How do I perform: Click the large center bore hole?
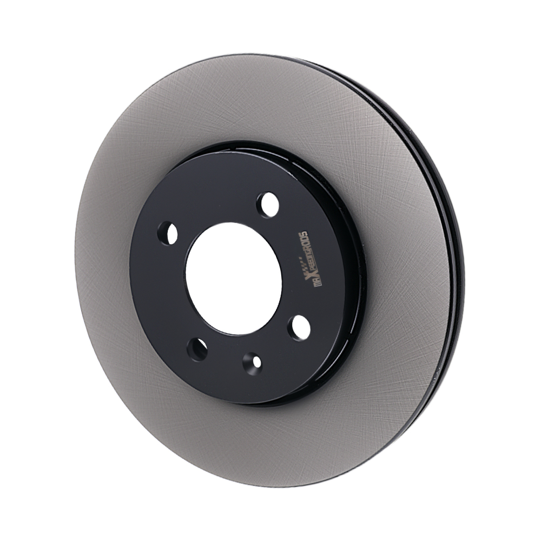point(234,278)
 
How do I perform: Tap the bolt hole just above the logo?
point(268,205)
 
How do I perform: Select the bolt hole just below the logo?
point(299,328)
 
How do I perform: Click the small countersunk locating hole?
point(252,363)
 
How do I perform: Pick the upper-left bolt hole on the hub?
point(168,233)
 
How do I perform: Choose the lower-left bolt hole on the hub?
point(197,349)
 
